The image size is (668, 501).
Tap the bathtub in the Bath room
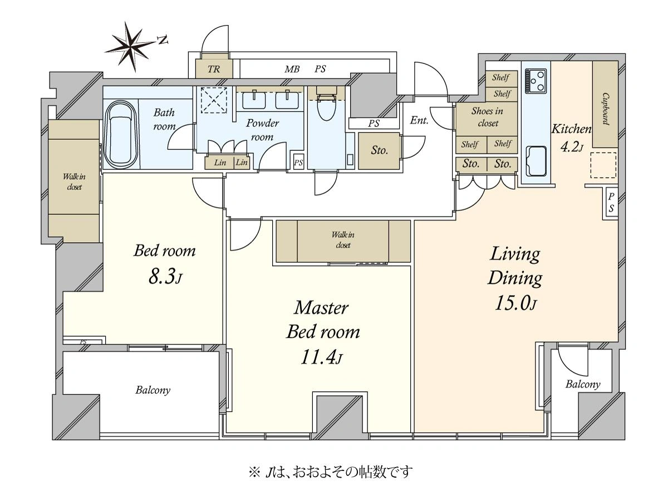point(121,135)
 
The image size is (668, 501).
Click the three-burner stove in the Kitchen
point(536,81)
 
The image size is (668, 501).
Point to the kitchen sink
point(536,161)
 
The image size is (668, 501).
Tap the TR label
point(214,70)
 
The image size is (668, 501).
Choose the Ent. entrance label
point(419,120)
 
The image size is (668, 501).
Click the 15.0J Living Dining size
point(515,303)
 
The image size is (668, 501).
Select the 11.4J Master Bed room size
point(322,357)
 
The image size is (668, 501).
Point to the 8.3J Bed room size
point(165,277)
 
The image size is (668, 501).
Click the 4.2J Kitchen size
point(572,148)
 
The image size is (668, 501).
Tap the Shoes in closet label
point(487,117)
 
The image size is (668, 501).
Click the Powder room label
point(262,130)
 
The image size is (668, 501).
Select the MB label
point(292,70)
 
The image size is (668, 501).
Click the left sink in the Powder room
point(254,100)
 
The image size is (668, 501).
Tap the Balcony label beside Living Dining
point(583,384)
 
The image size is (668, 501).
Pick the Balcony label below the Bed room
point(153,390)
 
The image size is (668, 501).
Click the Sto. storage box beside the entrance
point(379,151)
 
